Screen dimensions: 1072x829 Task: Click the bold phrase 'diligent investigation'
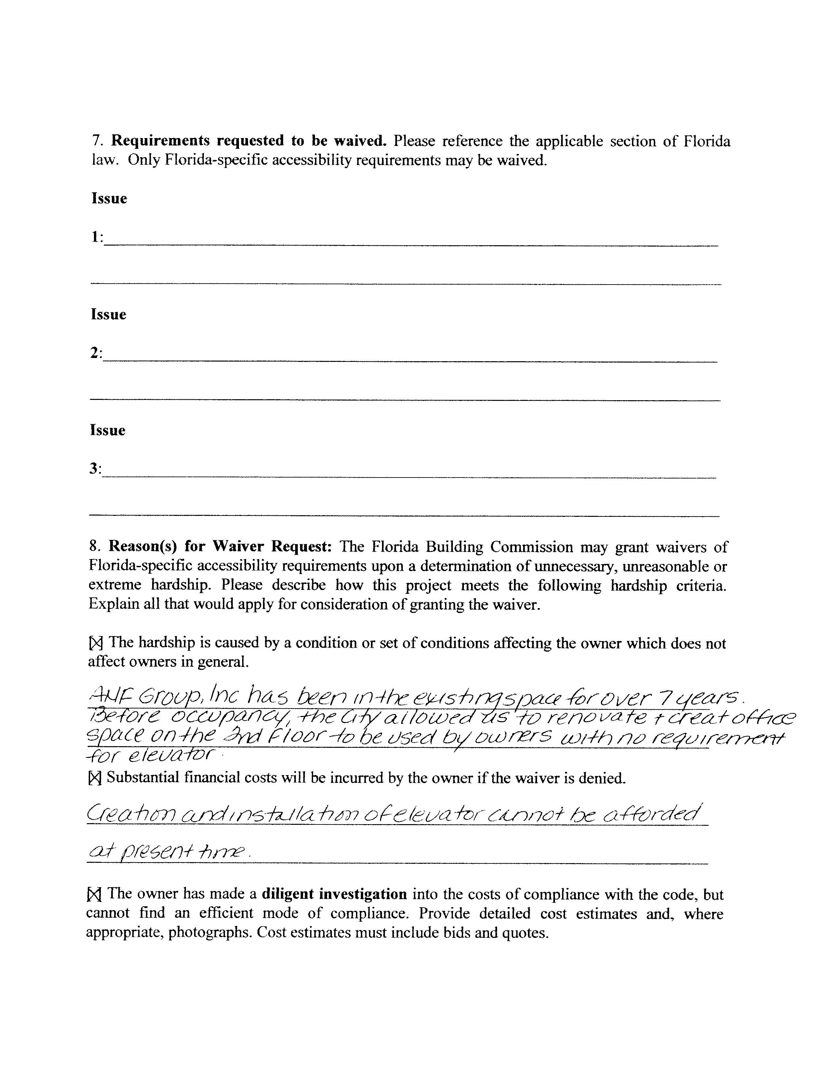click(334, 894)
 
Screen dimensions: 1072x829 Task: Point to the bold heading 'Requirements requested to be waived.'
click(248, 141)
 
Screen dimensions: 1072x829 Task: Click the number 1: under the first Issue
click(97, 237)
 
